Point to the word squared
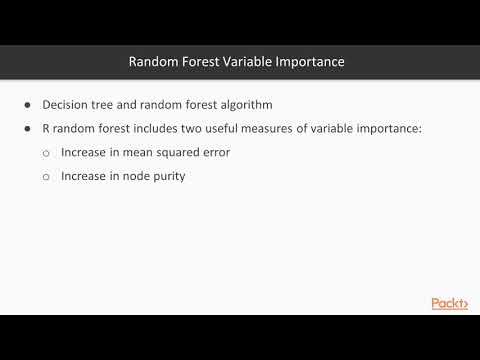click(x=184, y=153)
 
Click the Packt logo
click(x=449, y=303)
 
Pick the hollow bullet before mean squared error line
click(x=47, y=153)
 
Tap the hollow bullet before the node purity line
click(x=47, y=176)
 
